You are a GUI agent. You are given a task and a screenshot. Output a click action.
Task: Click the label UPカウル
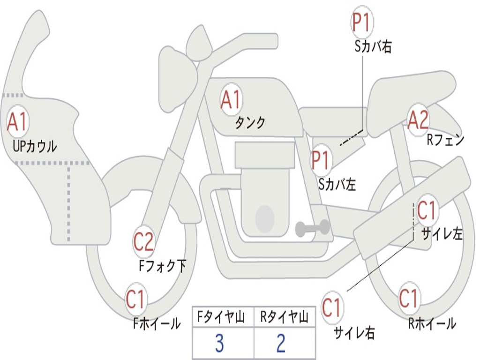click(35, 146)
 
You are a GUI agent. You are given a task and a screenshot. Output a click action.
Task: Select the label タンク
click(250, 122)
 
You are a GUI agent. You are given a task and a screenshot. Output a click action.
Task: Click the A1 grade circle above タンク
click(231, 100)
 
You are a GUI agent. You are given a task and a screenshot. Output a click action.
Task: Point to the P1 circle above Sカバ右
click(361, 23)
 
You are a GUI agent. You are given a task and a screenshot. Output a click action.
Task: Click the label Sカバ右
click(373, 47)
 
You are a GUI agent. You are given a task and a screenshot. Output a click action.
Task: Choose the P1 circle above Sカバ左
click(321, 160)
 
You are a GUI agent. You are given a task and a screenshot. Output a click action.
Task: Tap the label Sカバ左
click(337, 184)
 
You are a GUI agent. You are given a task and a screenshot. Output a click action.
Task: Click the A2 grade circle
click(418, 120)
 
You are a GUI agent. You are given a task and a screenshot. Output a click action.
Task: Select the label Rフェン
click(445, 140)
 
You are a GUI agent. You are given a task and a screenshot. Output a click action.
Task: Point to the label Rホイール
click(432, 323)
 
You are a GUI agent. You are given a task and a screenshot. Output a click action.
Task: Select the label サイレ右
click(354, 333)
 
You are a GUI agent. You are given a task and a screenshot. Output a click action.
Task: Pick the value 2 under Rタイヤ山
click(281, 344)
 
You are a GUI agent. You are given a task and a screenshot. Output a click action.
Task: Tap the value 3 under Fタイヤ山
click(219, 344)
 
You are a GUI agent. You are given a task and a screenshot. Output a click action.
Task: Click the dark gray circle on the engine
click(265, 217)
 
